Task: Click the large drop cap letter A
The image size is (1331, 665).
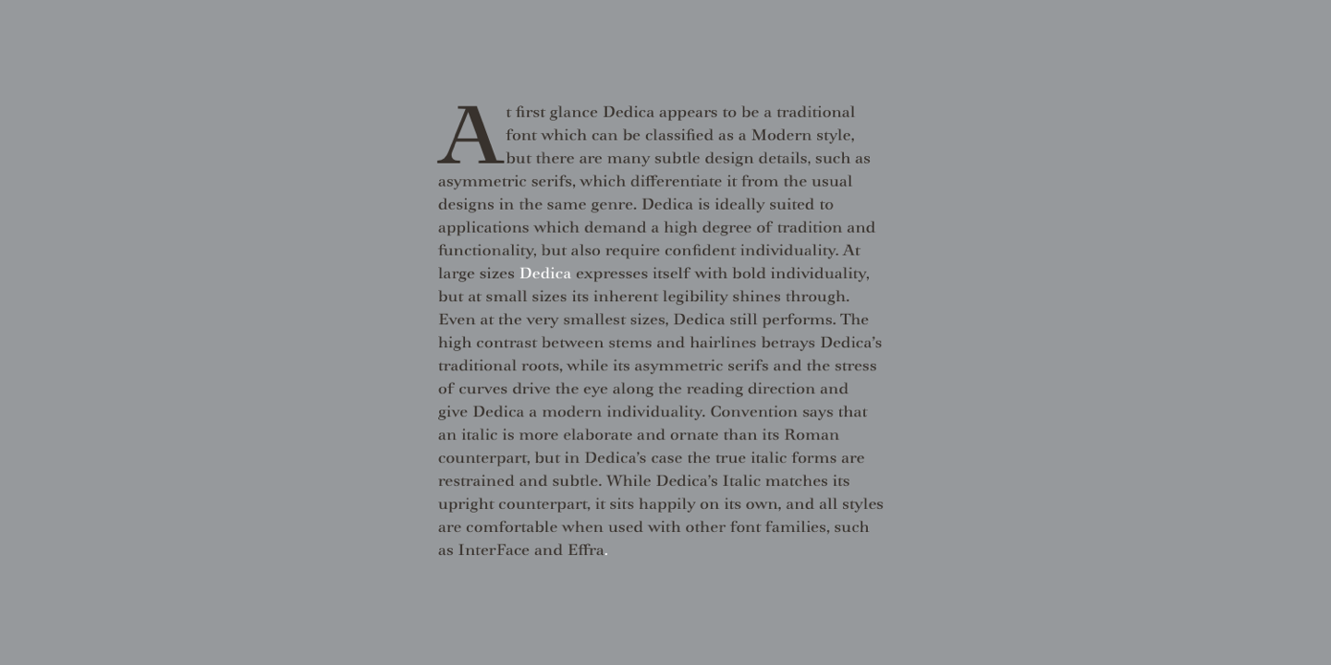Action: coord(470,136)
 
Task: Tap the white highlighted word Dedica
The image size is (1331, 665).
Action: coord(545,273)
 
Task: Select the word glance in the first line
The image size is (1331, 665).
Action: coord(573,113)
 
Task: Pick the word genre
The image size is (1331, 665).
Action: coord(612,205)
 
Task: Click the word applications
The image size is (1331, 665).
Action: coord(483,228)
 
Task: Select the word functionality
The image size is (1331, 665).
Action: coord(486,251)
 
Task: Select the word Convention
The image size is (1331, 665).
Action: coord(753,412)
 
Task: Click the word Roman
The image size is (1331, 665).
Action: coord(812,435)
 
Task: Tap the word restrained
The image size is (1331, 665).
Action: coord(476,481)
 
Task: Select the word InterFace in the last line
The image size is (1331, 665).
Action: coord(494,550)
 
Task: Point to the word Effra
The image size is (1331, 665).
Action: coord(586,550)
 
